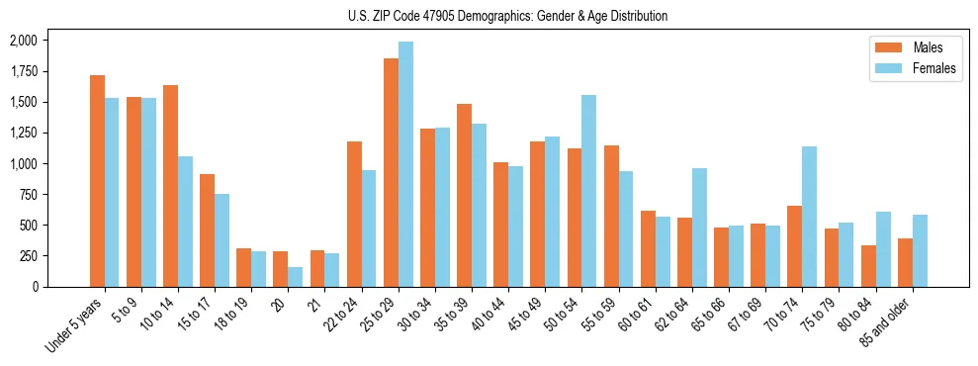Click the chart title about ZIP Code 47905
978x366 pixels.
tap(507, 16)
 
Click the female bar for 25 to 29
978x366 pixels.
tap(405, 164)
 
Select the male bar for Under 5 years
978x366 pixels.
tap(97, 181)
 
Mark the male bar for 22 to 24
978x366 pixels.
tap(354, 214)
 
